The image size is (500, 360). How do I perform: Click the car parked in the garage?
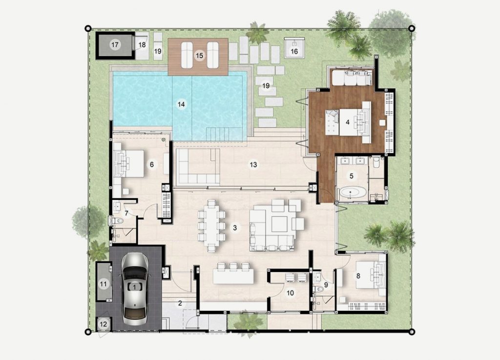click(135, 289)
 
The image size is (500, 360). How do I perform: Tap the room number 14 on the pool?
click(181, 104)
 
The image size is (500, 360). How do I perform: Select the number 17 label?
click(115, 44)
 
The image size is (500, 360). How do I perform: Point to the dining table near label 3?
click(211, 225)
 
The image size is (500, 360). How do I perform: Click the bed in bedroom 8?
click(371, 275)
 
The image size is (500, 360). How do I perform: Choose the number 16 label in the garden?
click(294, 51)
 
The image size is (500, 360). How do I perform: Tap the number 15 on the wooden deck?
click(199, 56)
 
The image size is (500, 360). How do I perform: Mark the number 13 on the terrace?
click(253, 165)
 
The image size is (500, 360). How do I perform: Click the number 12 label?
click(104, 324)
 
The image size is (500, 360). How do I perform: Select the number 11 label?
click(104, 284)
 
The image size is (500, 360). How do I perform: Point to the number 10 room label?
click(290, 293)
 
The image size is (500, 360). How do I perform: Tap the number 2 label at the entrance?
click(180, 303)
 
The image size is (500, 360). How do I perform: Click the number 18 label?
click(142, 45)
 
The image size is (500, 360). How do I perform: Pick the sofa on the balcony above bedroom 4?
click(352, 78)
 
